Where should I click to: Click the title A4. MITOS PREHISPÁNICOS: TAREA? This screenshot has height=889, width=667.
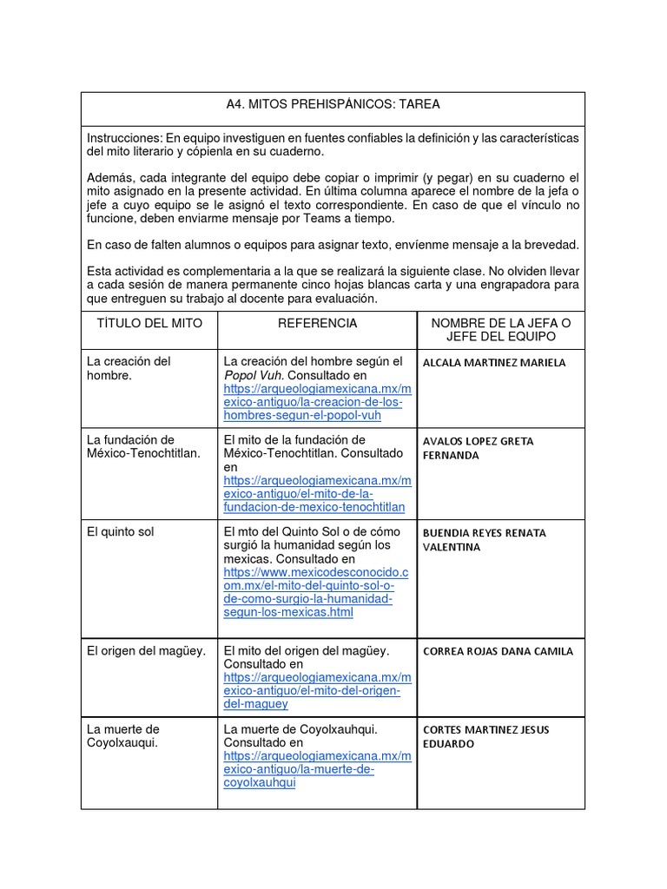[x=333, y=104]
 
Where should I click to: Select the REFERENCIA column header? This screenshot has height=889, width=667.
[x=317, y=323]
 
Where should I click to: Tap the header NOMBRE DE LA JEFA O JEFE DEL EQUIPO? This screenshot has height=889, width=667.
[x=501, y=330]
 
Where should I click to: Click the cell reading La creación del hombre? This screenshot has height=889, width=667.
[x=129, y=368]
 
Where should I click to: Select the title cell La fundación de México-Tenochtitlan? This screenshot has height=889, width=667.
[x=143, y=446]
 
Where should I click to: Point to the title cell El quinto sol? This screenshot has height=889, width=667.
[x=121, y=531]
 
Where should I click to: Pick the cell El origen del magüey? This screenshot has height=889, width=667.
[x=146, y=650]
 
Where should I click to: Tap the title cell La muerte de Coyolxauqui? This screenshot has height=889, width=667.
[x=122, y=735]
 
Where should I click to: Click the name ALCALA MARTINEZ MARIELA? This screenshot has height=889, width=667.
[x=493, y=362]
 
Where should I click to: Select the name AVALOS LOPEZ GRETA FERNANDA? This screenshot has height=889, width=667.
[x=478, y=448]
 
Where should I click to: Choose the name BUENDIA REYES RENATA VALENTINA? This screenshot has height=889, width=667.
[x=484, y=539]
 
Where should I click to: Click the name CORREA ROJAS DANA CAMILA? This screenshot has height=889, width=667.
[x=498, y=651]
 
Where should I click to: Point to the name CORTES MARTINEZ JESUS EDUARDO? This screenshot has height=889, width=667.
[x=485, y=736]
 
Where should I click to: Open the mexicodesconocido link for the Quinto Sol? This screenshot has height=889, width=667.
[x=315, y=593]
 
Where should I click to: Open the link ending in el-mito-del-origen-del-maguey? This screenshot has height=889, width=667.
[x=317, y=690]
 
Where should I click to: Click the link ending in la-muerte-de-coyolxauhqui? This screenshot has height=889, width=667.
[x=317, y=769]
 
